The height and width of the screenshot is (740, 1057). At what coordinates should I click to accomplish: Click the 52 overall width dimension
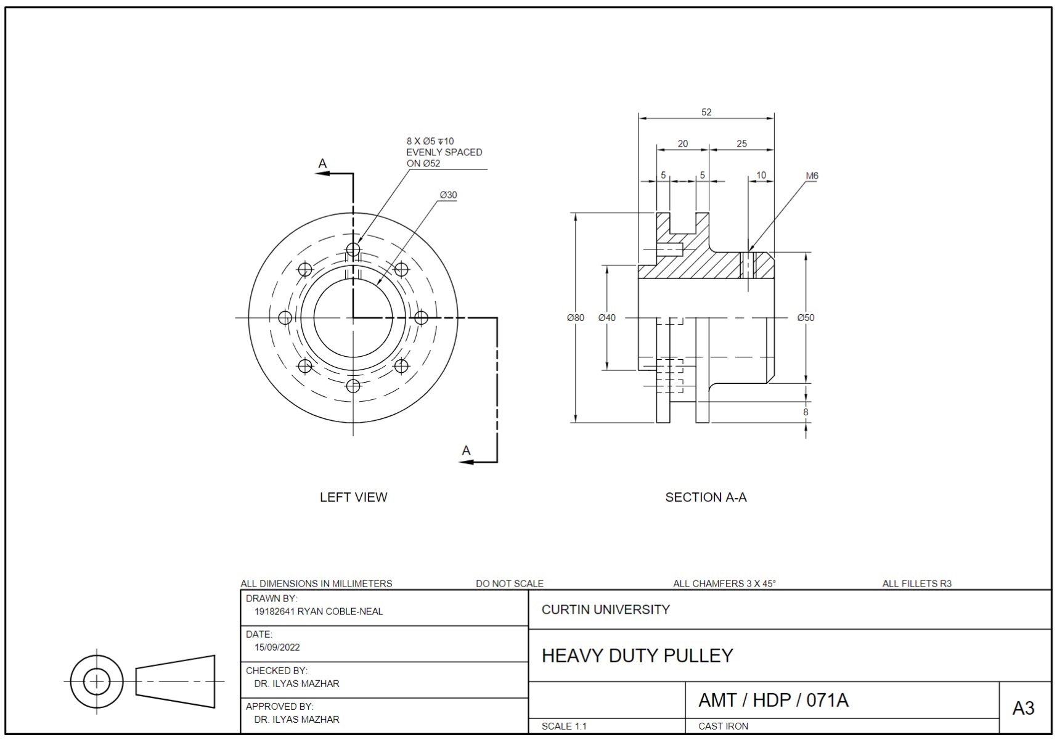tap(706, 112)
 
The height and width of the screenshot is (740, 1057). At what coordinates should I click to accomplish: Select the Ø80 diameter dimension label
tap(575, 318)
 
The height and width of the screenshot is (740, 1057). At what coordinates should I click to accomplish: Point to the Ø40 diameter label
tap(606, 318)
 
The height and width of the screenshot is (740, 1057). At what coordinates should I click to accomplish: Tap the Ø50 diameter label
tap(806, 318)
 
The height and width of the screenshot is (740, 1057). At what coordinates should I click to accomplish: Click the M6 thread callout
tap(812, 176)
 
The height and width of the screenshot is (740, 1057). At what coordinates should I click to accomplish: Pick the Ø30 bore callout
tap(448, 195)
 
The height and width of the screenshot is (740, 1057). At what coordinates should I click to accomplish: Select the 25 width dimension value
tap(741, 144)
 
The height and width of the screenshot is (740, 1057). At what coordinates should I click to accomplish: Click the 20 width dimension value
tap(682, 144)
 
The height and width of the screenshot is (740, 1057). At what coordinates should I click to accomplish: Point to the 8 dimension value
tap(806, 412)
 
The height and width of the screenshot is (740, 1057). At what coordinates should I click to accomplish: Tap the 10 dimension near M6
tap(761, 176)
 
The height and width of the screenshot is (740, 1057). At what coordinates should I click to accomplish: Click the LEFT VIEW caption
tap(353, 497)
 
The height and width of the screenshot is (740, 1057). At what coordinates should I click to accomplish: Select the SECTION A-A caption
tap(706, 497)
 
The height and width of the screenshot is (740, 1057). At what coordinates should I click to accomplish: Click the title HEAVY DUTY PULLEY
tap(637, 656)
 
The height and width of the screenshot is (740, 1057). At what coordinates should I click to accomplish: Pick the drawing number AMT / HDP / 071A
tap(773, 701)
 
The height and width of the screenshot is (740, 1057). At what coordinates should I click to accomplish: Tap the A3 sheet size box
tap(1023, 709)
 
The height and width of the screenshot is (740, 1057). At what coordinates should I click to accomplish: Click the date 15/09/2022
tap(277, 648)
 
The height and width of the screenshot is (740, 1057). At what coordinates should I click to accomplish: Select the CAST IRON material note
tap(723, 726)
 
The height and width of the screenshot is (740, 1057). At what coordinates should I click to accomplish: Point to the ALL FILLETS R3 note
tap(916, 584)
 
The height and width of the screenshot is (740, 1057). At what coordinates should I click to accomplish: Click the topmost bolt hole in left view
tap(353, 250)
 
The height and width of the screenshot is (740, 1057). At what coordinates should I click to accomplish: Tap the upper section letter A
tap(322, 164)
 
